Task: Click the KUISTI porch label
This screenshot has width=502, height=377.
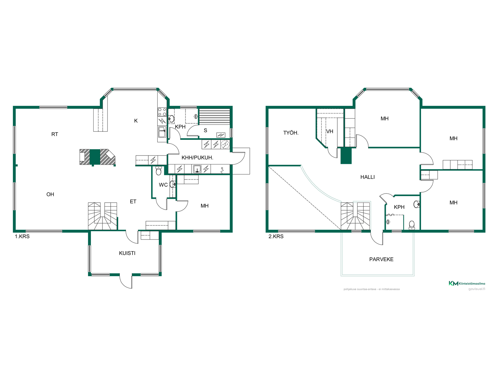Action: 127,253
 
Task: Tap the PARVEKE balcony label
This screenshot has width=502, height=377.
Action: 381,259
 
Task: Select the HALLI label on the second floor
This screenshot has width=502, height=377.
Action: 367,177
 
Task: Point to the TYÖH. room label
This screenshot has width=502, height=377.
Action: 291,133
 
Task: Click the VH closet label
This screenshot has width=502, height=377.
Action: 330,131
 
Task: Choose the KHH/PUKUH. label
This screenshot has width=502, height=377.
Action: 197,158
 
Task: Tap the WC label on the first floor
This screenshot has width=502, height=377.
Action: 163,185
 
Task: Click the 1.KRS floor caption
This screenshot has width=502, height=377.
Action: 22,236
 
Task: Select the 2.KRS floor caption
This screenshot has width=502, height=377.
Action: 276,236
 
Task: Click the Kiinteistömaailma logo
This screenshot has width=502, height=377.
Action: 467,283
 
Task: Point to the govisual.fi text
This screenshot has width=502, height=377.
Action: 477,289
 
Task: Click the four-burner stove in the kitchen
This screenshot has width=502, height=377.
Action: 162,112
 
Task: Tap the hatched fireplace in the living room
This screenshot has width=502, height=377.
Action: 97,157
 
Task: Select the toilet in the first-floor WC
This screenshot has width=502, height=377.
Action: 158,170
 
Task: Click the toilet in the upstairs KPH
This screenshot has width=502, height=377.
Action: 412,225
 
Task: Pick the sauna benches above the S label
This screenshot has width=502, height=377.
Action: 214,116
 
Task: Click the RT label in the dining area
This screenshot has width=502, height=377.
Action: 55,134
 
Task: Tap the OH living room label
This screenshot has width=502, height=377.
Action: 50,195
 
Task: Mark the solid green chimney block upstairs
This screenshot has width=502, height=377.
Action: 346,156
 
